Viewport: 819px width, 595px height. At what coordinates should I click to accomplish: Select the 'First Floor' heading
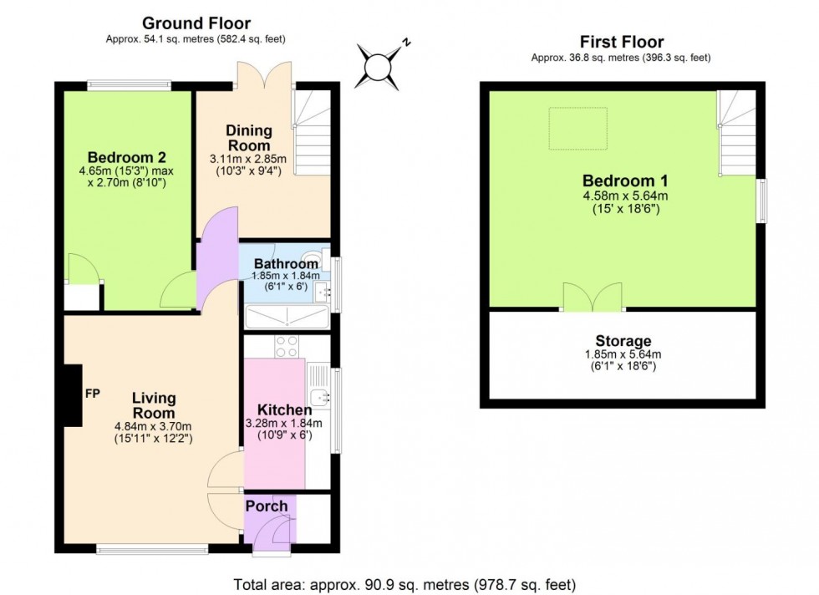click(621, 42)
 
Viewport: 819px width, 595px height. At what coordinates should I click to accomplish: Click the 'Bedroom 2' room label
click(127, 157)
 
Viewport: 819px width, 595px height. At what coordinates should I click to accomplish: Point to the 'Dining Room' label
click(249, 138)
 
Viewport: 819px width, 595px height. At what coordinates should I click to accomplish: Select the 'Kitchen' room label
click(284, 410)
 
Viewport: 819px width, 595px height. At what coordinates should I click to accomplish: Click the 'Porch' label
click(267, 506)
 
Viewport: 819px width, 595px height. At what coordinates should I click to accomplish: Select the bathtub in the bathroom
click(286, 316)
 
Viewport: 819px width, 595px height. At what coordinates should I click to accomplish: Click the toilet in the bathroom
click(316, 257)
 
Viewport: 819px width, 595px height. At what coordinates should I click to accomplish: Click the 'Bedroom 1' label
click(618, 181)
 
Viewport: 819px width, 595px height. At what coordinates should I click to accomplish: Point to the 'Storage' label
click(623, 341)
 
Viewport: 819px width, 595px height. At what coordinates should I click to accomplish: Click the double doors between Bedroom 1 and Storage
click(588, 297)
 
